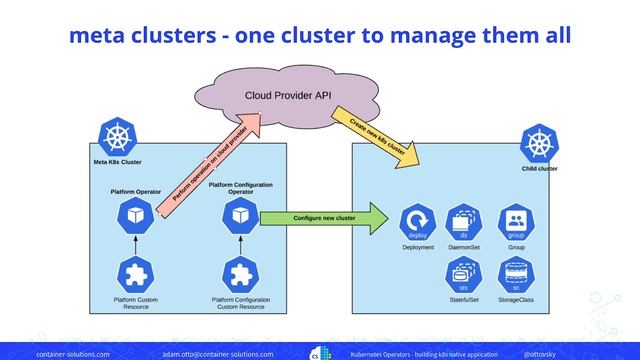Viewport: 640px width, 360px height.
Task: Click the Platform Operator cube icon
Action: tap(133, 215)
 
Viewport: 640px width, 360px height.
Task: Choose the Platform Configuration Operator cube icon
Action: tap(238, 215)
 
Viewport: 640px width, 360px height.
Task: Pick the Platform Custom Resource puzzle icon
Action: tap(133, 274)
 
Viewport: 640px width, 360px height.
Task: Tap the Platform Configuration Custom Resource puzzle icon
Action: tap(238, 274)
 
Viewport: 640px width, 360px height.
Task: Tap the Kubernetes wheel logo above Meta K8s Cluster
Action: tap(117, 136)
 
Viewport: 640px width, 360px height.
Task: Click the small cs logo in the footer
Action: tap(316, 353)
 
